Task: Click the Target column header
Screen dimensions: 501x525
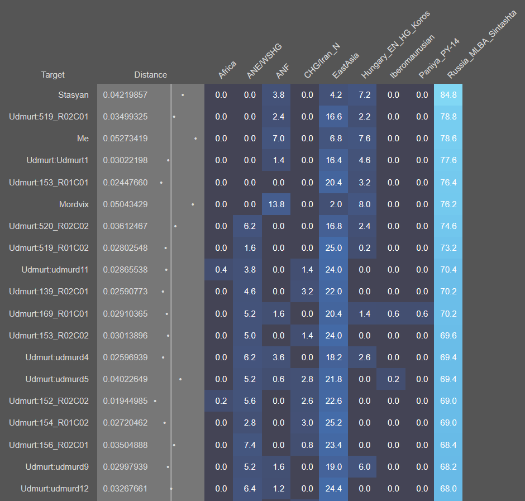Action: [x=52, y=75]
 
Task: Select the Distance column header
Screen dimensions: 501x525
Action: [x=150, y=75]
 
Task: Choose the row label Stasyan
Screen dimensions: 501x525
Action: [x=73, y=95]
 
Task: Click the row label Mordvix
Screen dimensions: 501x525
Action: [x=74, y=204]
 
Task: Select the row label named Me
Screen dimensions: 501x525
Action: [x=83, y=139]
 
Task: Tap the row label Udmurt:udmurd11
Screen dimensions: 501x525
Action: [x=55, y=270]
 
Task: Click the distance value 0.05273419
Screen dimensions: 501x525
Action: [x=125, y=139]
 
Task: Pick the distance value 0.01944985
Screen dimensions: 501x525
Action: [x=125, y=401]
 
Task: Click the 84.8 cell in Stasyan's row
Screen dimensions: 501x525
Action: [x=448, y=95]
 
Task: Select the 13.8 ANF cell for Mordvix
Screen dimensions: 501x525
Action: [x=278, y=204]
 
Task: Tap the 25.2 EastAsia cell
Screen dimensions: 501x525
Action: [x=336, y=423]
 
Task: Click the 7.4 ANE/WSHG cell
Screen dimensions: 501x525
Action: [x=250, y=445]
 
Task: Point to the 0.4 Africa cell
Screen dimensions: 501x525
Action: [x=221, y=270]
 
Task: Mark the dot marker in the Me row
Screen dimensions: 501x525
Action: [x=195, y=139]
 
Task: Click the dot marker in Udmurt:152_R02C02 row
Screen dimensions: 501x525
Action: [x=155, y=401]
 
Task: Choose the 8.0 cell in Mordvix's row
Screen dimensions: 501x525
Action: [x=364, y=204]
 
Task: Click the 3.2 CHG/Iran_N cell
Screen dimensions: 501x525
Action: [x=307, y=292]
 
